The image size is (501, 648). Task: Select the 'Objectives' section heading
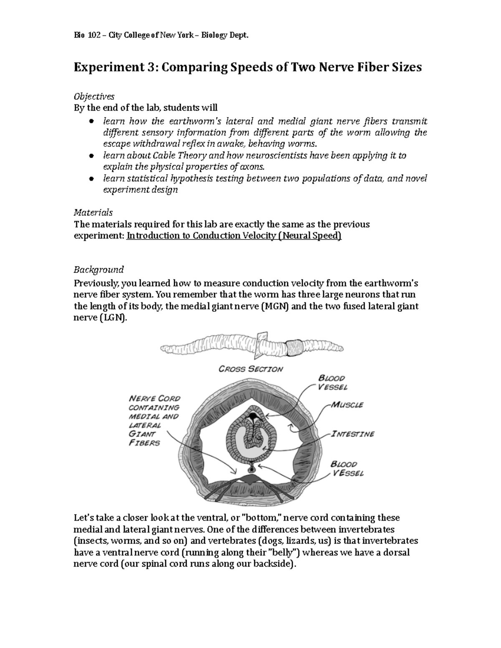pos(94,96)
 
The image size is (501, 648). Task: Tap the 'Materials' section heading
pos(93,212)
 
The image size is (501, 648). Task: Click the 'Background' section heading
pos(99,269)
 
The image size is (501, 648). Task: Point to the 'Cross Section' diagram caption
pos(251,369)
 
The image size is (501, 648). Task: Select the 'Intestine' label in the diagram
pos(353,434)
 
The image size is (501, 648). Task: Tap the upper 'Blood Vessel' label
pos(332,382)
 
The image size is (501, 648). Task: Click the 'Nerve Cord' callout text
pos(154,398)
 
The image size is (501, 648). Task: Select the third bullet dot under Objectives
pos(91,179)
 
